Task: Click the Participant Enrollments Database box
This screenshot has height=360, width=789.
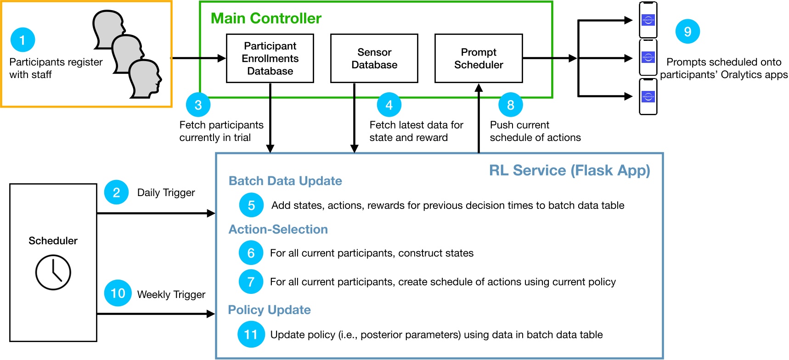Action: [x=270, y=58]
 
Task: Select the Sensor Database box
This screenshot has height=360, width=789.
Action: [x=374, y=58]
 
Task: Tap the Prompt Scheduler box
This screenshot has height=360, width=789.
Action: [x=479, y=58]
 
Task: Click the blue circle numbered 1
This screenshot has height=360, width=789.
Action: [x=23, y=39]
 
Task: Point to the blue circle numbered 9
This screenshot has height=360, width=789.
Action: [x=688, y=32]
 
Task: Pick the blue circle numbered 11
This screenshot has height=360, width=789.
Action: [x=251, y=334]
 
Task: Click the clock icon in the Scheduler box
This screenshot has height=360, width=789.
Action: [x=53, y=273]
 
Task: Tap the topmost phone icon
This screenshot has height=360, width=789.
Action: [x=648, y=20]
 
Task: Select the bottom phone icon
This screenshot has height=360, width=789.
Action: [x=648, y=96]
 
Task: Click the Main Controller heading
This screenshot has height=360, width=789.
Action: [x=266, y=18]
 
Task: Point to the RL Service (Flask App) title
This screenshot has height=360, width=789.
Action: [x=569, y=170]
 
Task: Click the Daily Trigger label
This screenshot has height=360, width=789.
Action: [x=166, y=193]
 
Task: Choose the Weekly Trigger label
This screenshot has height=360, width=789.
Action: [x=171, y=294]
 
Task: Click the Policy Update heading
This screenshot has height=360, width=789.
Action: [x=269, y=310]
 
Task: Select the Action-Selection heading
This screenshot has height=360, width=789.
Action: [x=278, y=230]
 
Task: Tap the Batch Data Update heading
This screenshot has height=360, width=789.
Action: [x=285, y=181]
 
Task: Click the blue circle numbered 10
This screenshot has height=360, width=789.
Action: [x=118, y=293]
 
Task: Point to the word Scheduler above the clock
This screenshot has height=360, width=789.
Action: [x=53, y=241]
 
